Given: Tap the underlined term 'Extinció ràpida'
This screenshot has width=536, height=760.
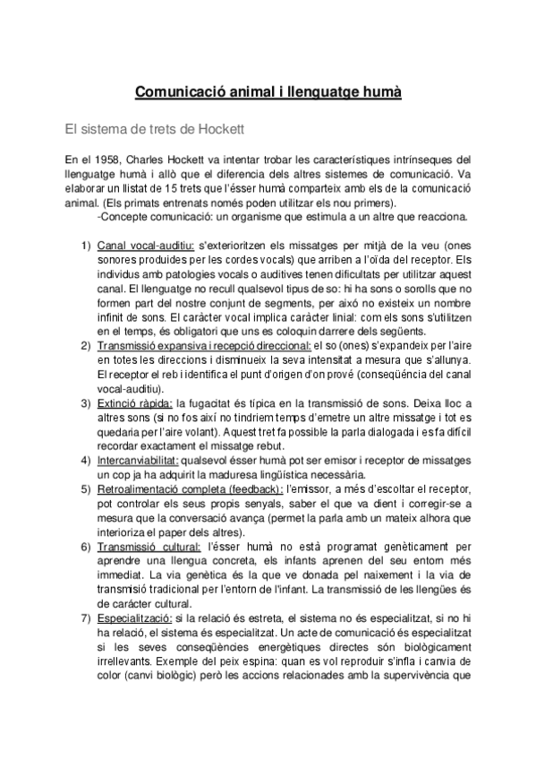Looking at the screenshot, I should [133, 403].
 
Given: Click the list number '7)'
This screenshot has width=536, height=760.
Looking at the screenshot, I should [86, 618].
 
